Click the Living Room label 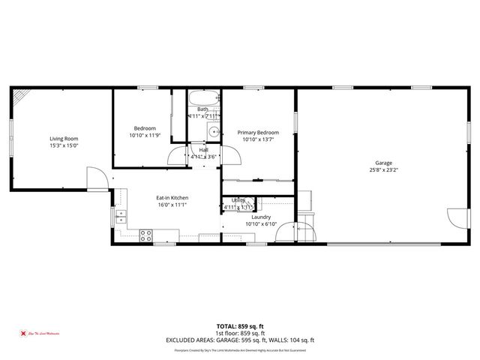pos(64,139)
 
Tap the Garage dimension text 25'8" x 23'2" pos(383,170)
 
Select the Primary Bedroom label pos(257,132)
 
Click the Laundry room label pos(260,217)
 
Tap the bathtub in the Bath pos(203,98)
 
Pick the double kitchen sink pos(121,217)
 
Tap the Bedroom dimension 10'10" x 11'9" pos(145,136)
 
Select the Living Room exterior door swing pos(97,178)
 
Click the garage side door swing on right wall pos(456,218)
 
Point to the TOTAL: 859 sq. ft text pos(239,326)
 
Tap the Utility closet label pos(238,200)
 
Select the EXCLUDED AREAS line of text pos(240,340)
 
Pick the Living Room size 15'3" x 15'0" pos(64,146)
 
